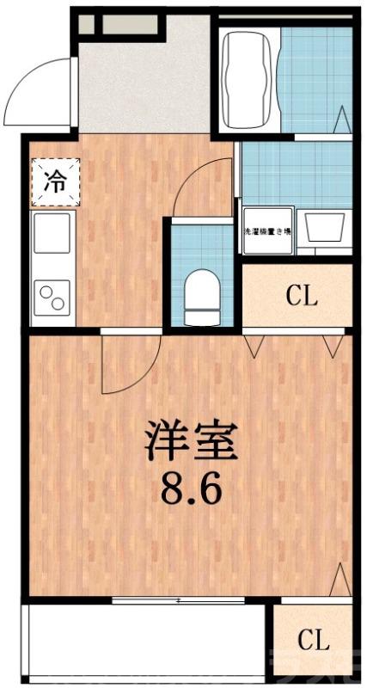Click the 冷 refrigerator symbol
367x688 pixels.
coord(54,181)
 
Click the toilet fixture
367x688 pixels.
coord(202,290)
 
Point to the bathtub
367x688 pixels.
coord(250,78)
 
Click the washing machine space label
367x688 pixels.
coord(268,231)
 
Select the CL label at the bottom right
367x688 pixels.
coord(314,640)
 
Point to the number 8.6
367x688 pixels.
coord(191,489)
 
